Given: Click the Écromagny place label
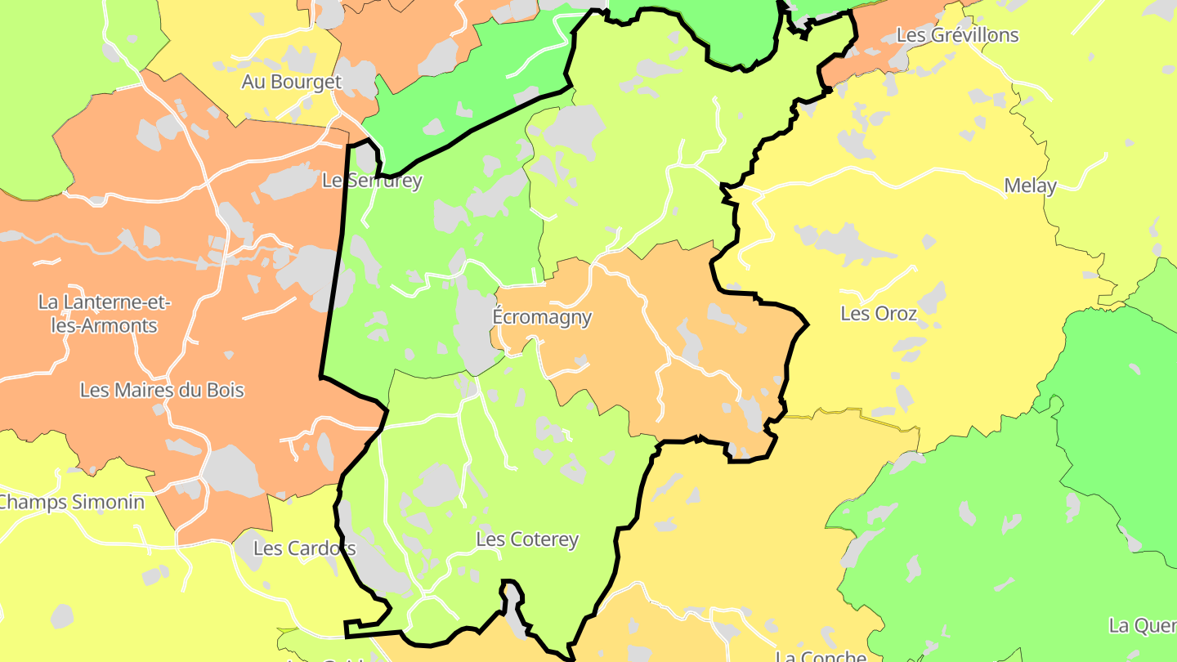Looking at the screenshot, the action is (x=542, y=317).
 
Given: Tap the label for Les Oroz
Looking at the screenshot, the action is (x=879, y=313).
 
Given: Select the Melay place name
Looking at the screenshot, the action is (x=1030, y=186).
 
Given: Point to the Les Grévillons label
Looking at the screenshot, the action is (x=957, y=35).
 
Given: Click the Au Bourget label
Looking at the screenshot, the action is (x=291, y=82).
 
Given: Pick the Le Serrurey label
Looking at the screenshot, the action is (x=372, y=181).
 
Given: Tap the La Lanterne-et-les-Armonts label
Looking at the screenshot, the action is (x=104, y=314).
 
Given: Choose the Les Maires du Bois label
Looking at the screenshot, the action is (x=162, y=390).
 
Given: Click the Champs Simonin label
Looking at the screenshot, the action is (x=71, y=502).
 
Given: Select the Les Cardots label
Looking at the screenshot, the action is (x=304, y=548).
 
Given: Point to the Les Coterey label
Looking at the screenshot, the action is (x=527, y=539).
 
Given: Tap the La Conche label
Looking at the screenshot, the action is (x=820, y=655).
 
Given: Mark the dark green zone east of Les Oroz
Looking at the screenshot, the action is (x=1120, y=392).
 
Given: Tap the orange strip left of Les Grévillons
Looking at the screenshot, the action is (x=866, y=57).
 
